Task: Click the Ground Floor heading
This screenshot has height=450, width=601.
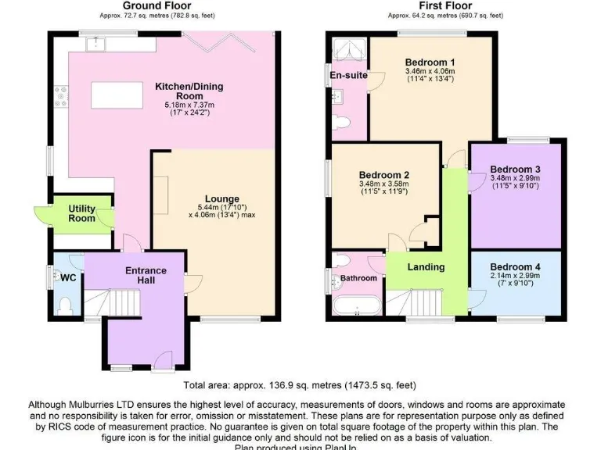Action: click(157, 5)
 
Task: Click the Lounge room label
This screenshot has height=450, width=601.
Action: click(222, 198)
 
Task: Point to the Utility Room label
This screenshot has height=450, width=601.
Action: click(82, 214)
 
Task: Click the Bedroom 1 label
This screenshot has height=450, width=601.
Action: click(430, 62)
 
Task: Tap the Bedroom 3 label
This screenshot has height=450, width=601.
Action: click(515, 169)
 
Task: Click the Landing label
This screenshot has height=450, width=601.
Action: click(426, 267)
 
